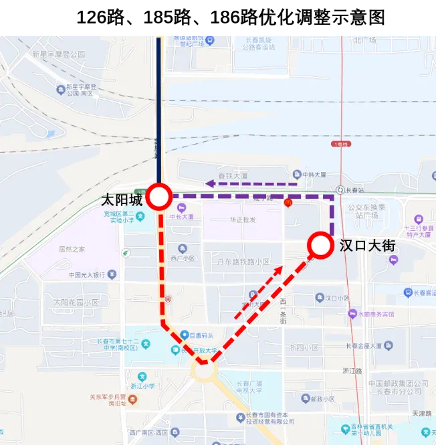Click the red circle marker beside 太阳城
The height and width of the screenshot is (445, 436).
click(160, 197)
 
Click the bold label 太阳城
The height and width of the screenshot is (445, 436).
click(122, 199)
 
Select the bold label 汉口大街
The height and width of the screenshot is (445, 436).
click(367, 246)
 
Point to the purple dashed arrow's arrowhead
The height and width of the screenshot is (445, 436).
click(209, 183)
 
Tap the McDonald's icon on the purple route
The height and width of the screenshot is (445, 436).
click(288, 203)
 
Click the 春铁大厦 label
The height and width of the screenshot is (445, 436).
click(235, 176)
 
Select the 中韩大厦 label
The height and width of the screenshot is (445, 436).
click(314, 175)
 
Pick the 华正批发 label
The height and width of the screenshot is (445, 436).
click(243, 219)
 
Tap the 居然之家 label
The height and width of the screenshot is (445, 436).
click(72, 249)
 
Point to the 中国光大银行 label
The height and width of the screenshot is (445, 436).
click(87, 274)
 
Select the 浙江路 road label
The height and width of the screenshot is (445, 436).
click(352, 371)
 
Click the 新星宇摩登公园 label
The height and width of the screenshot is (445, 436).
click(59, 54)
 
